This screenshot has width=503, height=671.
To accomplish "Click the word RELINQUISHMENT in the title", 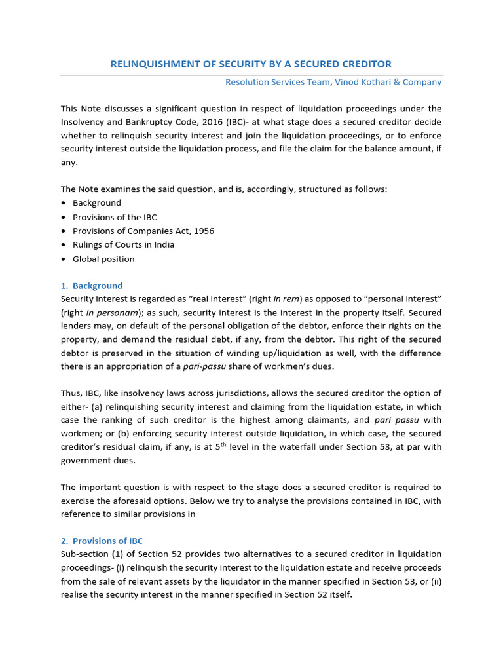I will pyautogui.click(x=150, y=64).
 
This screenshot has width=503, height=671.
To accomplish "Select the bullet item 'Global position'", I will pyautogui.click(x=103, y=259).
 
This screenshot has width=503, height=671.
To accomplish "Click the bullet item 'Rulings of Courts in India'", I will pyautogui.click(x=123, y=244).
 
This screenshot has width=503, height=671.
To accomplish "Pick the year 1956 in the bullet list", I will pyautogui.click(x=202, y=231).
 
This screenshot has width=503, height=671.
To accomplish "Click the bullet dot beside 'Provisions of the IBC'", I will pyautogui.click(x=64, y=217).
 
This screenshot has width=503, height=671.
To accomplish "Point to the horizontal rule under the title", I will pyautogui.click(x=251, y=75).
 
